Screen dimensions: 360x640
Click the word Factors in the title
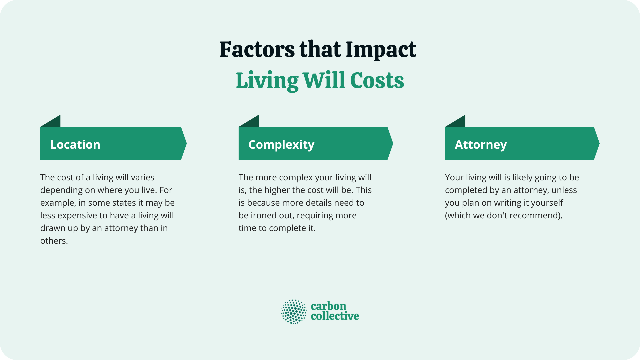(x=257, y=50)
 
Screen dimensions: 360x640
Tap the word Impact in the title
(x=381, y=50)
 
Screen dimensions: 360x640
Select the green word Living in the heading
(x=267, y=81)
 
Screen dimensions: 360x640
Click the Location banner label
(x=75, y=145)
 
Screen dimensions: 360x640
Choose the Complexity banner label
(x=281, y=145)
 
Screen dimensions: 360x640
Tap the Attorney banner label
(x=481, y=145)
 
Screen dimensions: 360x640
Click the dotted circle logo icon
(x=294, y=312)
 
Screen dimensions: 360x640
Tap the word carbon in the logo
(x=328, y=306)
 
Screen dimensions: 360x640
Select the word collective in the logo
(x=335, y=316)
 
